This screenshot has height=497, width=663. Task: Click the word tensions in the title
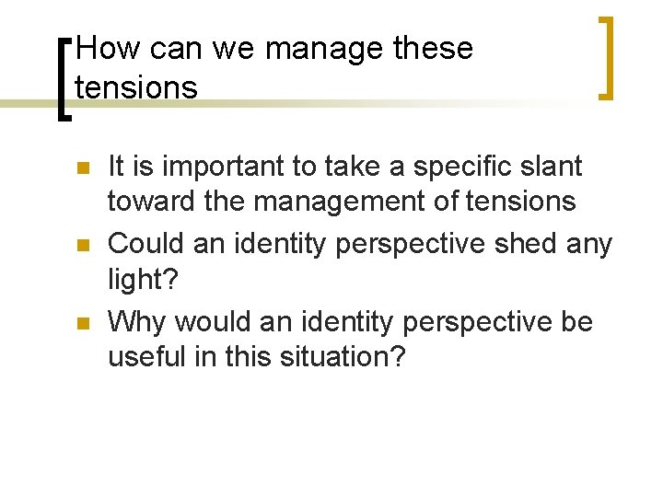click(136, 87)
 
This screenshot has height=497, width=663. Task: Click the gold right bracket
click(604, 57)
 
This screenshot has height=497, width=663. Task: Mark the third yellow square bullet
click(82, 324)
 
